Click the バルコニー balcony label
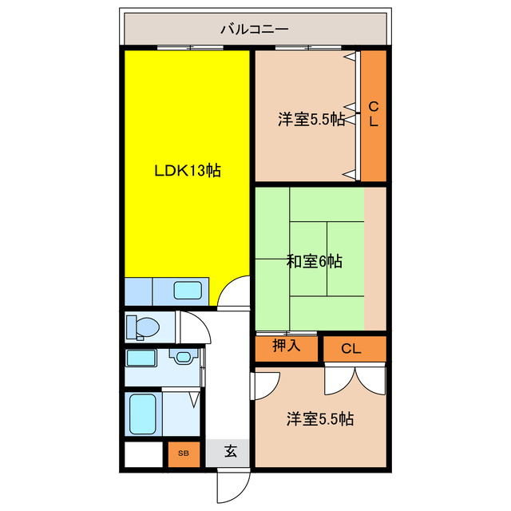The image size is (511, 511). [x=255, y=30]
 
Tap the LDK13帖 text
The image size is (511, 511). [x=188, y=170]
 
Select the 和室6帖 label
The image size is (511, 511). [x=315, y=261]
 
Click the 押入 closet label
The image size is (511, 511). [x=285, y=346]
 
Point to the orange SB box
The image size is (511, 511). [x=184, y=454]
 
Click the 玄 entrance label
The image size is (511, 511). [x=230, y=452]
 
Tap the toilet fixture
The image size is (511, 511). [x=144, y=326]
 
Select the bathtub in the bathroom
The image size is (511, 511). [x=145, y=413]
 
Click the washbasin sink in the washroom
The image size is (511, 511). [x=184, y=357]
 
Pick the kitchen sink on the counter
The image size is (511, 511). [x=188, y=291]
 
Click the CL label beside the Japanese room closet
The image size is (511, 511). [x=351, y=348]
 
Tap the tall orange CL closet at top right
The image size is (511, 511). [x=373, y=116]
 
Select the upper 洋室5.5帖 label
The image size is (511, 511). [x=311, y=120]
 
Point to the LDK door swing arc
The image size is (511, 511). [x=234, y=293]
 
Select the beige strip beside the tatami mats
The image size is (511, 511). [x=374, y=257]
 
